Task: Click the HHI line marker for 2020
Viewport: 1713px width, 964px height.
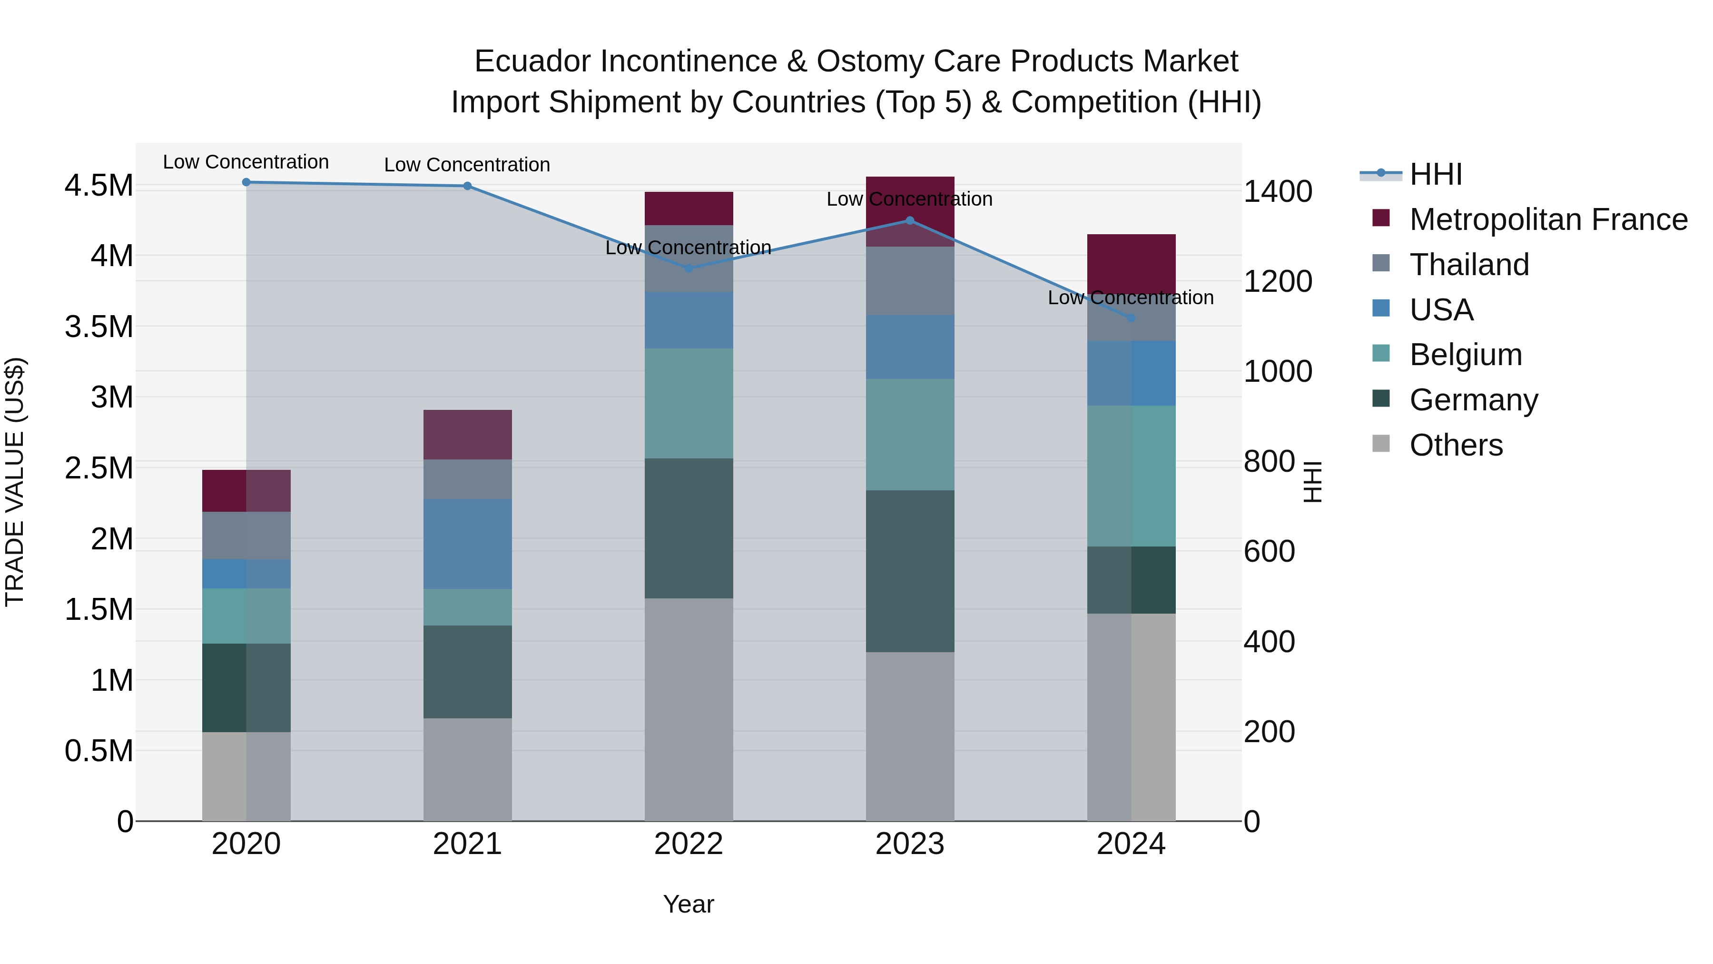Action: tap(246, 182)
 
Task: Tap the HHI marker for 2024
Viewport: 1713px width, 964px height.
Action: tap(1131, 318)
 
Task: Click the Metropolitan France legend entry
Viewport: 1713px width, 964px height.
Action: tap(1548, 219)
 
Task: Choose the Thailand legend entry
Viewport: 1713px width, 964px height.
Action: tap(1469, 265)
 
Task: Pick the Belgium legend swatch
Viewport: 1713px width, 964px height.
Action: tap(1381, 354)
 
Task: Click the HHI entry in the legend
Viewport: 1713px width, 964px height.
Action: tap(1435, 174)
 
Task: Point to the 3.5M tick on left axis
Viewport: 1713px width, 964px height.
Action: tap(98, 327)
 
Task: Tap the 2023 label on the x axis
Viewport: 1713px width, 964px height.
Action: tap(910, 844)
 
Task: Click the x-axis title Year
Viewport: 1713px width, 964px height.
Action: tap(688, 904)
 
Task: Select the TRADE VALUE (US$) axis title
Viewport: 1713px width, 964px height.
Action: tap(15, 482)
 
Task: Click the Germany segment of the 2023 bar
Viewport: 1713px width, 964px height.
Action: tap(910, 571)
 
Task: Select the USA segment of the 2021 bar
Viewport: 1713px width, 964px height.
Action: tap(467, 544)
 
